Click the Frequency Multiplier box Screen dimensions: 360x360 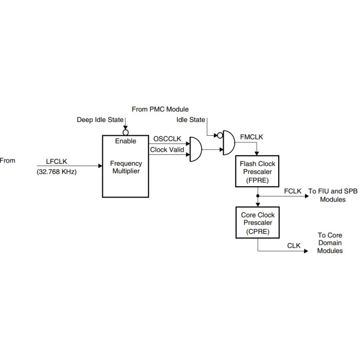(x=126, y=166)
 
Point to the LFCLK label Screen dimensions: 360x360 (x=57, y=161)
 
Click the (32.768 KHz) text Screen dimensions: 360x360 (x=57, y=172)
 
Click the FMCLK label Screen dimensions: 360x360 (x=251, y=137)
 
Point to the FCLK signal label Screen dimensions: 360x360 (x=292, y=191)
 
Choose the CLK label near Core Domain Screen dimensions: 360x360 (x=294, y=246)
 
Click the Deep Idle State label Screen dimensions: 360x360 (x=100, y=120)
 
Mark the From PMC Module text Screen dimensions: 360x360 (x=160, y=109)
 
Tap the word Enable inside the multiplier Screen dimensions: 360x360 (x=125, y=140)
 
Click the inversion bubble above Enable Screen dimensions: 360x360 (x=125, y=132)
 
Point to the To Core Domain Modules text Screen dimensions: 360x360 (x=330, y=243)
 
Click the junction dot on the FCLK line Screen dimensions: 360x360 (x=257, y=195)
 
